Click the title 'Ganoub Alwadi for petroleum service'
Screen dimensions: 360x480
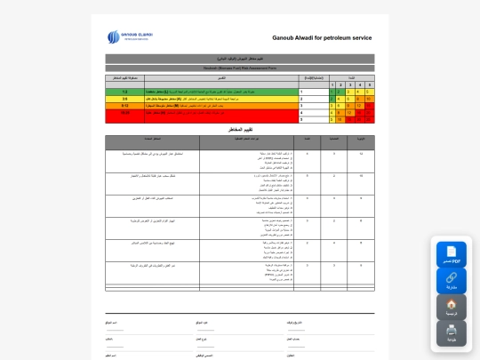(x=322, y=38)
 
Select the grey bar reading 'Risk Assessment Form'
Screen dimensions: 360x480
(x=240, y=68)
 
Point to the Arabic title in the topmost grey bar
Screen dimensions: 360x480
(x=240, y=59)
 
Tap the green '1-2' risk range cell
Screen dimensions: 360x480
(x=124, y=92)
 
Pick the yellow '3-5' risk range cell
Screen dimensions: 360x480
(x=124, y=99)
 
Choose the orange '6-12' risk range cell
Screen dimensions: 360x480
(x=124, y=106)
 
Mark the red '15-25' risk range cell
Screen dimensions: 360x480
(x=124, y=113)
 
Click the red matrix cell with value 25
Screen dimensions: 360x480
(x=369, y=120)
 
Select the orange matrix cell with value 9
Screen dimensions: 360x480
(x=349, y=106)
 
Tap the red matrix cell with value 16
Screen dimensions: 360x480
(x=359, y=113)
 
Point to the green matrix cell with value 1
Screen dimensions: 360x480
(x=332, y=92)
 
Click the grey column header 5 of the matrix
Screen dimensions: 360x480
(x=369, y=85)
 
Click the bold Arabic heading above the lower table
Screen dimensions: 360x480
(x=240, y=130)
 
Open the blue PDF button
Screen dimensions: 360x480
(x=451, y=254)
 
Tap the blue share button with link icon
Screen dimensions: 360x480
(x=451, y=280)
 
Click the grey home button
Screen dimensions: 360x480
(x=451, y=307)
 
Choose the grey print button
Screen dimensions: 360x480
(x=451, y=332)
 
